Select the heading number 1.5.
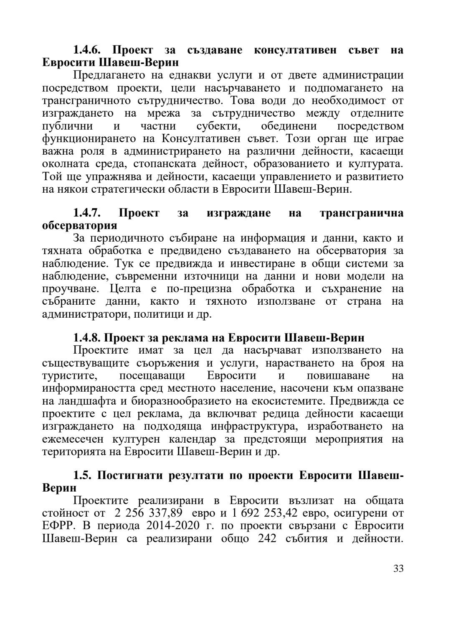point(83,476)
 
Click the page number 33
point(398,568)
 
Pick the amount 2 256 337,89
point(148,513)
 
